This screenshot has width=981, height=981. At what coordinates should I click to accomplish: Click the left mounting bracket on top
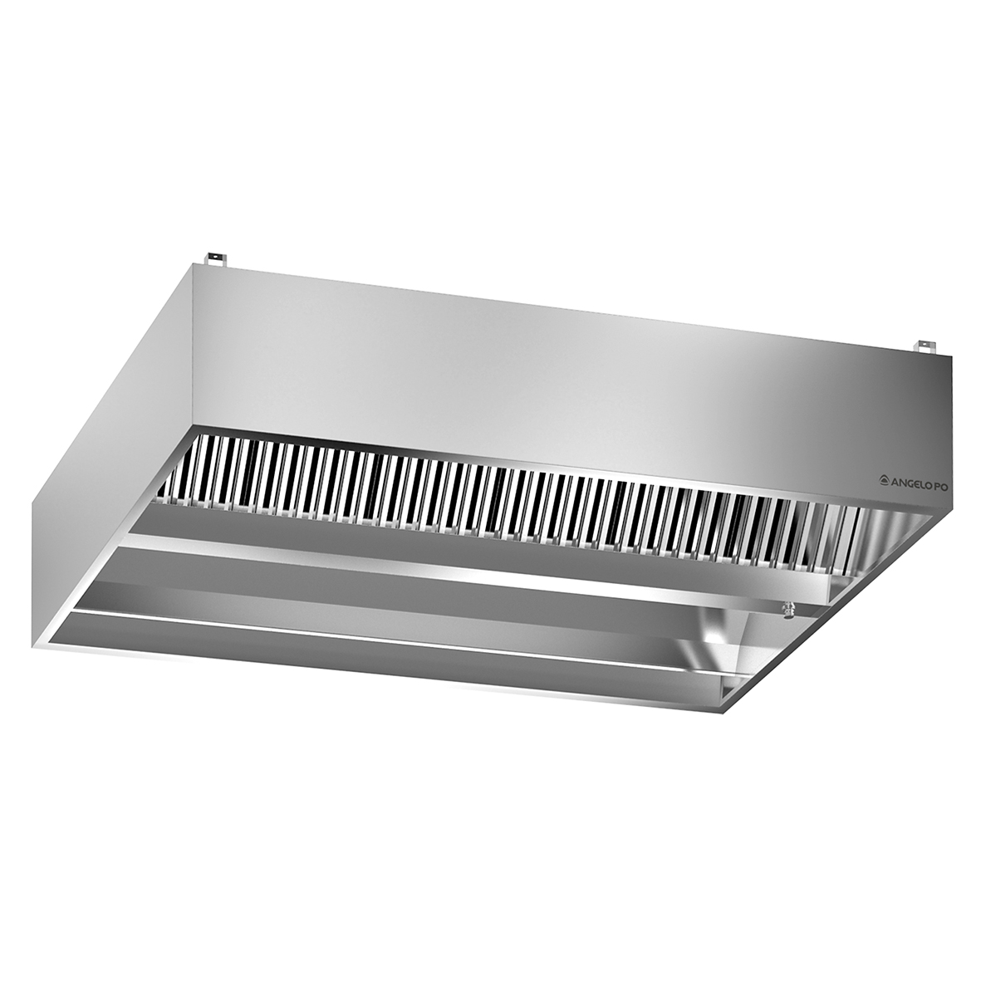coord(218,260)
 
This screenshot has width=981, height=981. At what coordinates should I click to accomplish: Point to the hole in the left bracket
coord(218,258)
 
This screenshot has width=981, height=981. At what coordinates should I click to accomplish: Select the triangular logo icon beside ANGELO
coord(885,479)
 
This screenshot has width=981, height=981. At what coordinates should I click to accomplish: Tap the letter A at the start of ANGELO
coord(896,479)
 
